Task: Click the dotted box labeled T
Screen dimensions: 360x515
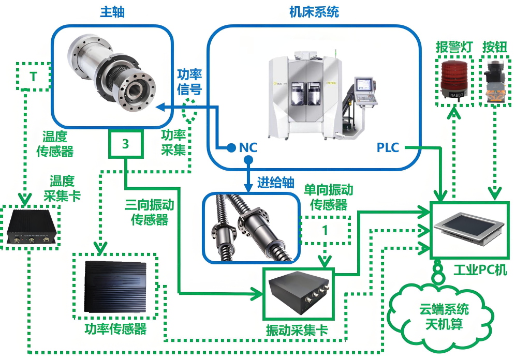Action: coord(33,77)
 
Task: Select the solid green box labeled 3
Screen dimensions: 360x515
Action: coord(125,144)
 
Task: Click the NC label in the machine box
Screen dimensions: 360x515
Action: coord(248,148)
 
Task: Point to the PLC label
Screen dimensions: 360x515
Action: coord(388,148)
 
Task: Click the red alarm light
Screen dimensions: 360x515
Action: coord(454,79)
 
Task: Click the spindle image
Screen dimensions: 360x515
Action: coord(111,73)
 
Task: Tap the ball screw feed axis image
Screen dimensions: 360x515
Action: coord(251,228)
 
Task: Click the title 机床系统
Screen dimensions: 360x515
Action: coord(314,12)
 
